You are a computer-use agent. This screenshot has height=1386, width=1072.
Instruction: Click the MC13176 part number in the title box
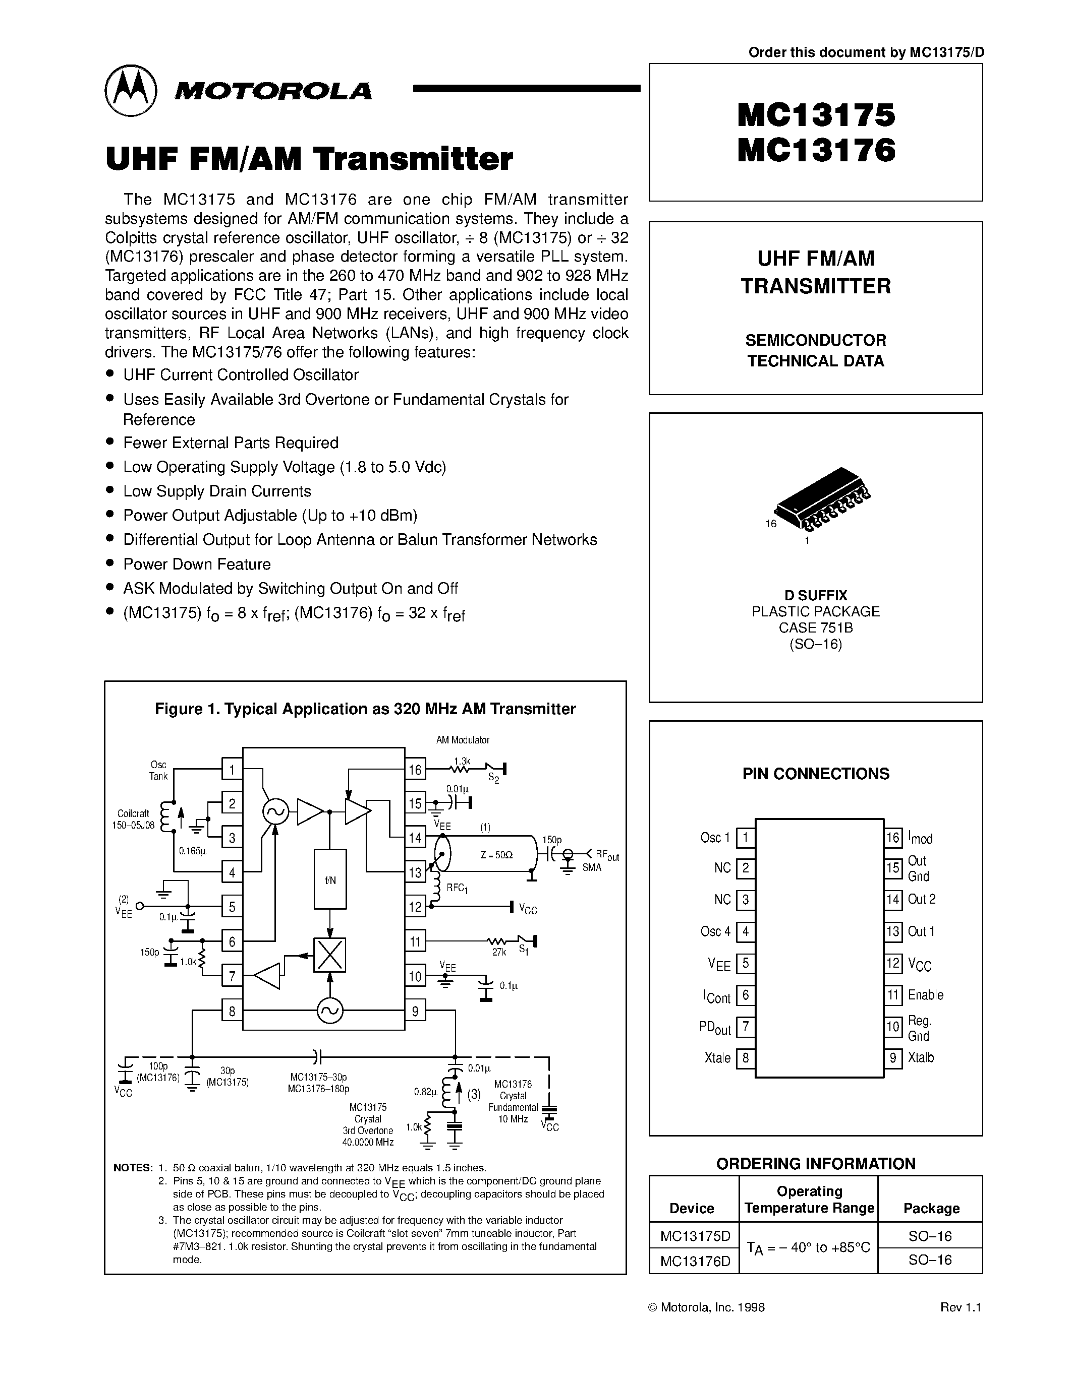coord(816,151)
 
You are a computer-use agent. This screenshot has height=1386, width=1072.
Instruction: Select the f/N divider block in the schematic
coord(330,879)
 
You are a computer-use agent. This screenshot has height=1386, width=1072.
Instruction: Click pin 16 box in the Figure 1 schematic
coord(415,770)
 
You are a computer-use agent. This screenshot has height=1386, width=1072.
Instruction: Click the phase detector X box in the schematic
coord(330,955)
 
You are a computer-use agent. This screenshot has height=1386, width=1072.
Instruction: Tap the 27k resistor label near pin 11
coord(498,953)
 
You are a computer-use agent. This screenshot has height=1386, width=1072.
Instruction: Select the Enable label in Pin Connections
coord(925,994)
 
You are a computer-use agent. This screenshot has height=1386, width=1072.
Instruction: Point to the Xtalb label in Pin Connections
coord(921,1057)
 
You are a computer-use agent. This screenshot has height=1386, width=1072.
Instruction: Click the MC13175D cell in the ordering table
coord(695,1236)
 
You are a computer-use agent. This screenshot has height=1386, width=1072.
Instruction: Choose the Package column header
coord(931,1208)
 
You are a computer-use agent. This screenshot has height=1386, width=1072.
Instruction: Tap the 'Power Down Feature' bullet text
coord(197,564)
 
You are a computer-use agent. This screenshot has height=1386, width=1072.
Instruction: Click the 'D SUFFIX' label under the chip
coord(815,595)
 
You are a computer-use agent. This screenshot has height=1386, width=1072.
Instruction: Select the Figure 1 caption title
coord(365,709)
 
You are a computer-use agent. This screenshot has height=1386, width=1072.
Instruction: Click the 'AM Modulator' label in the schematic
coord(462,740)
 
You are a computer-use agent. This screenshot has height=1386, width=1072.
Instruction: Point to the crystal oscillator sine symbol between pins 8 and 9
coord(330,1011)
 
